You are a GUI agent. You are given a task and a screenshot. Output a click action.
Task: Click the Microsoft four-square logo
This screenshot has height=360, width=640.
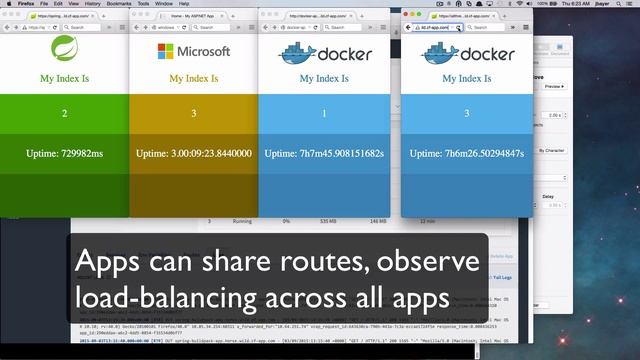(x=166, y=50)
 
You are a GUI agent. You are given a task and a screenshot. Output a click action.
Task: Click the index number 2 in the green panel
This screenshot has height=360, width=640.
(x=64, y=114)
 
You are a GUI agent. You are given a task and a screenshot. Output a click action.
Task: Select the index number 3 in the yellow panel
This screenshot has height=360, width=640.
(x=194, y=114)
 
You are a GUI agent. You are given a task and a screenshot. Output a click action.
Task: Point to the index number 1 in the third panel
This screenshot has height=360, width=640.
(x=324, y=114)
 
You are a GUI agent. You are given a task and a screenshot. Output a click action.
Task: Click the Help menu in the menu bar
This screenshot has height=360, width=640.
(x=184, y=4)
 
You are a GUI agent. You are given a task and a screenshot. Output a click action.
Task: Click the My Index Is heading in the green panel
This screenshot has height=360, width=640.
(x=64, y=78)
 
